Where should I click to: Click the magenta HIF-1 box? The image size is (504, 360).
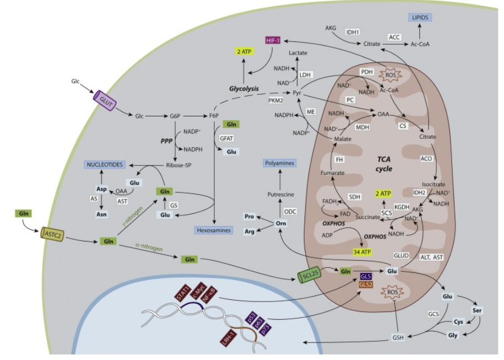pyautogui.click(x=272, y=41)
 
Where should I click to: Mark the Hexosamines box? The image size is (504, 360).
pyautogui.click(x=213, y=230)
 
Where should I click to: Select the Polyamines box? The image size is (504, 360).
pyautogui.click(x=279, y=164)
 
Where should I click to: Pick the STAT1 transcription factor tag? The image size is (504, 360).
pyautogui.click(x=183, y=293)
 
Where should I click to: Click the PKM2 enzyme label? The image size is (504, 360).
pyautogui.click(x=277, y=101)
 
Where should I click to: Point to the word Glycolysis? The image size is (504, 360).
pyautogui.click(x=245, y=88)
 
